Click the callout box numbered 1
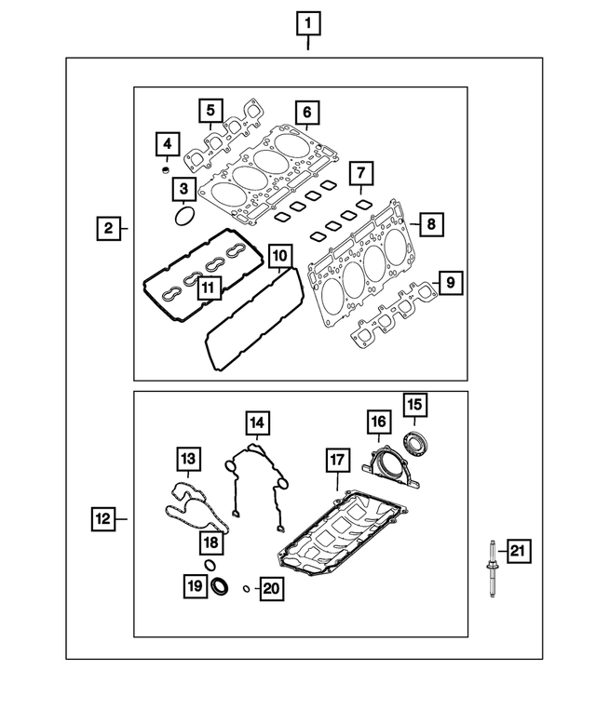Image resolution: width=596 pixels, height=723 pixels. [x=308, y=20]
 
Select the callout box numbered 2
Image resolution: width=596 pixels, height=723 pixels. [x=109, y=228]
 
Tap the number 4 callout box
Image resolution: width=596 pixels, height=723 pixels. [x=166, y=144]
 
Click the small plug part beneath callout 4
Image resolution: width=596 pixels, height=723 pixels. [x=166, y=169]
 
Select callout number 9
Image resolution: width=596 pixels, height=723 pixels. [x=449, y=280]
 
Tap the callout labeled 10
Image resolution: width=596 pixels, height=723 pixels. [x=279, y=255]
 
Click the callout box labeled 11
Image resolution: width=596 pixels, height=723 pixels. [x=209, y=288]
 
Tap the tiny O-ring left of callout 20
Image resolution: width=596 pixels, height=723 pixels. [x=245, y=588]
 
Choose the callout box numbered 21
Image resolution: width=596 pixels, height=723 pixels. [x=518, y=553]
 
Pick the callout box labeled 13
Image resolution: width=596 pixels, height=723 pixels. [x=189, y=459]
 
